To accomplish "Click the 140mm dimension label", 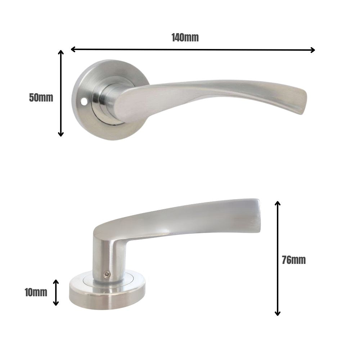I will pyautogui.click(x=185, y=37).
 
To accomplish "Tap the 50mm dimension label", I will pyautogui.click(x=41, y=98).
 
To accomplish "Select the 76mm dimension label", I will pyautogui.click(x=293, y=260).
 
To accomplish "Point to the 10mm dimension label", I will pyautogui.click(x=36, y=292).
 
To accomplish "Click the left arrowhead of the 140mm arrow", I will pyautogui.click(x=73, y=49).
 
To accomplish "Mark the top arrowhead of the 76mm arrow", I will pyautogui.click(x=277, y=203).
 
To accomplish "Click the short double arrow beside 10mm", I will pyautogui.click(x=56, y=292).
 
